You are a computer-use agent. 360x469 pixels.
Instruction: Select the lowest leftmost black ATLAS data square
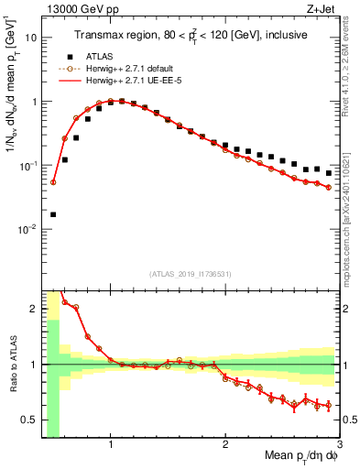pos(53,214)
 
